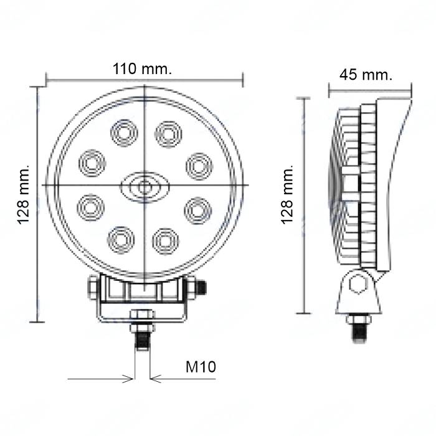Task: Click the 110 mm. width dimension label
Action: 142,69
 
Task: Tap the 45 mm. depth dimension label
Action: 366,75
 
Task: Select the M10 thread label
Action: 201,367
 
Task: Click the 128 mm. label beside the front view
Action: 24,194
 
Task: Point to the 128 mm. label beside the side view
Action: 287,194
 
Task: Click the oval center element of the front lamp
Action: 145,187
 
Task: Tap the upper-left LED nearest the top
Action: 124,133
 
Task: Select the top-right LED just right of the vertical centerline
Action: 168,135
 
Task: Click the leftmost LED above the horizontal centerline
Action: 92,163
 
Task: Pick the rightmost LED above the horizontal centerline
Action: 199,166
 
